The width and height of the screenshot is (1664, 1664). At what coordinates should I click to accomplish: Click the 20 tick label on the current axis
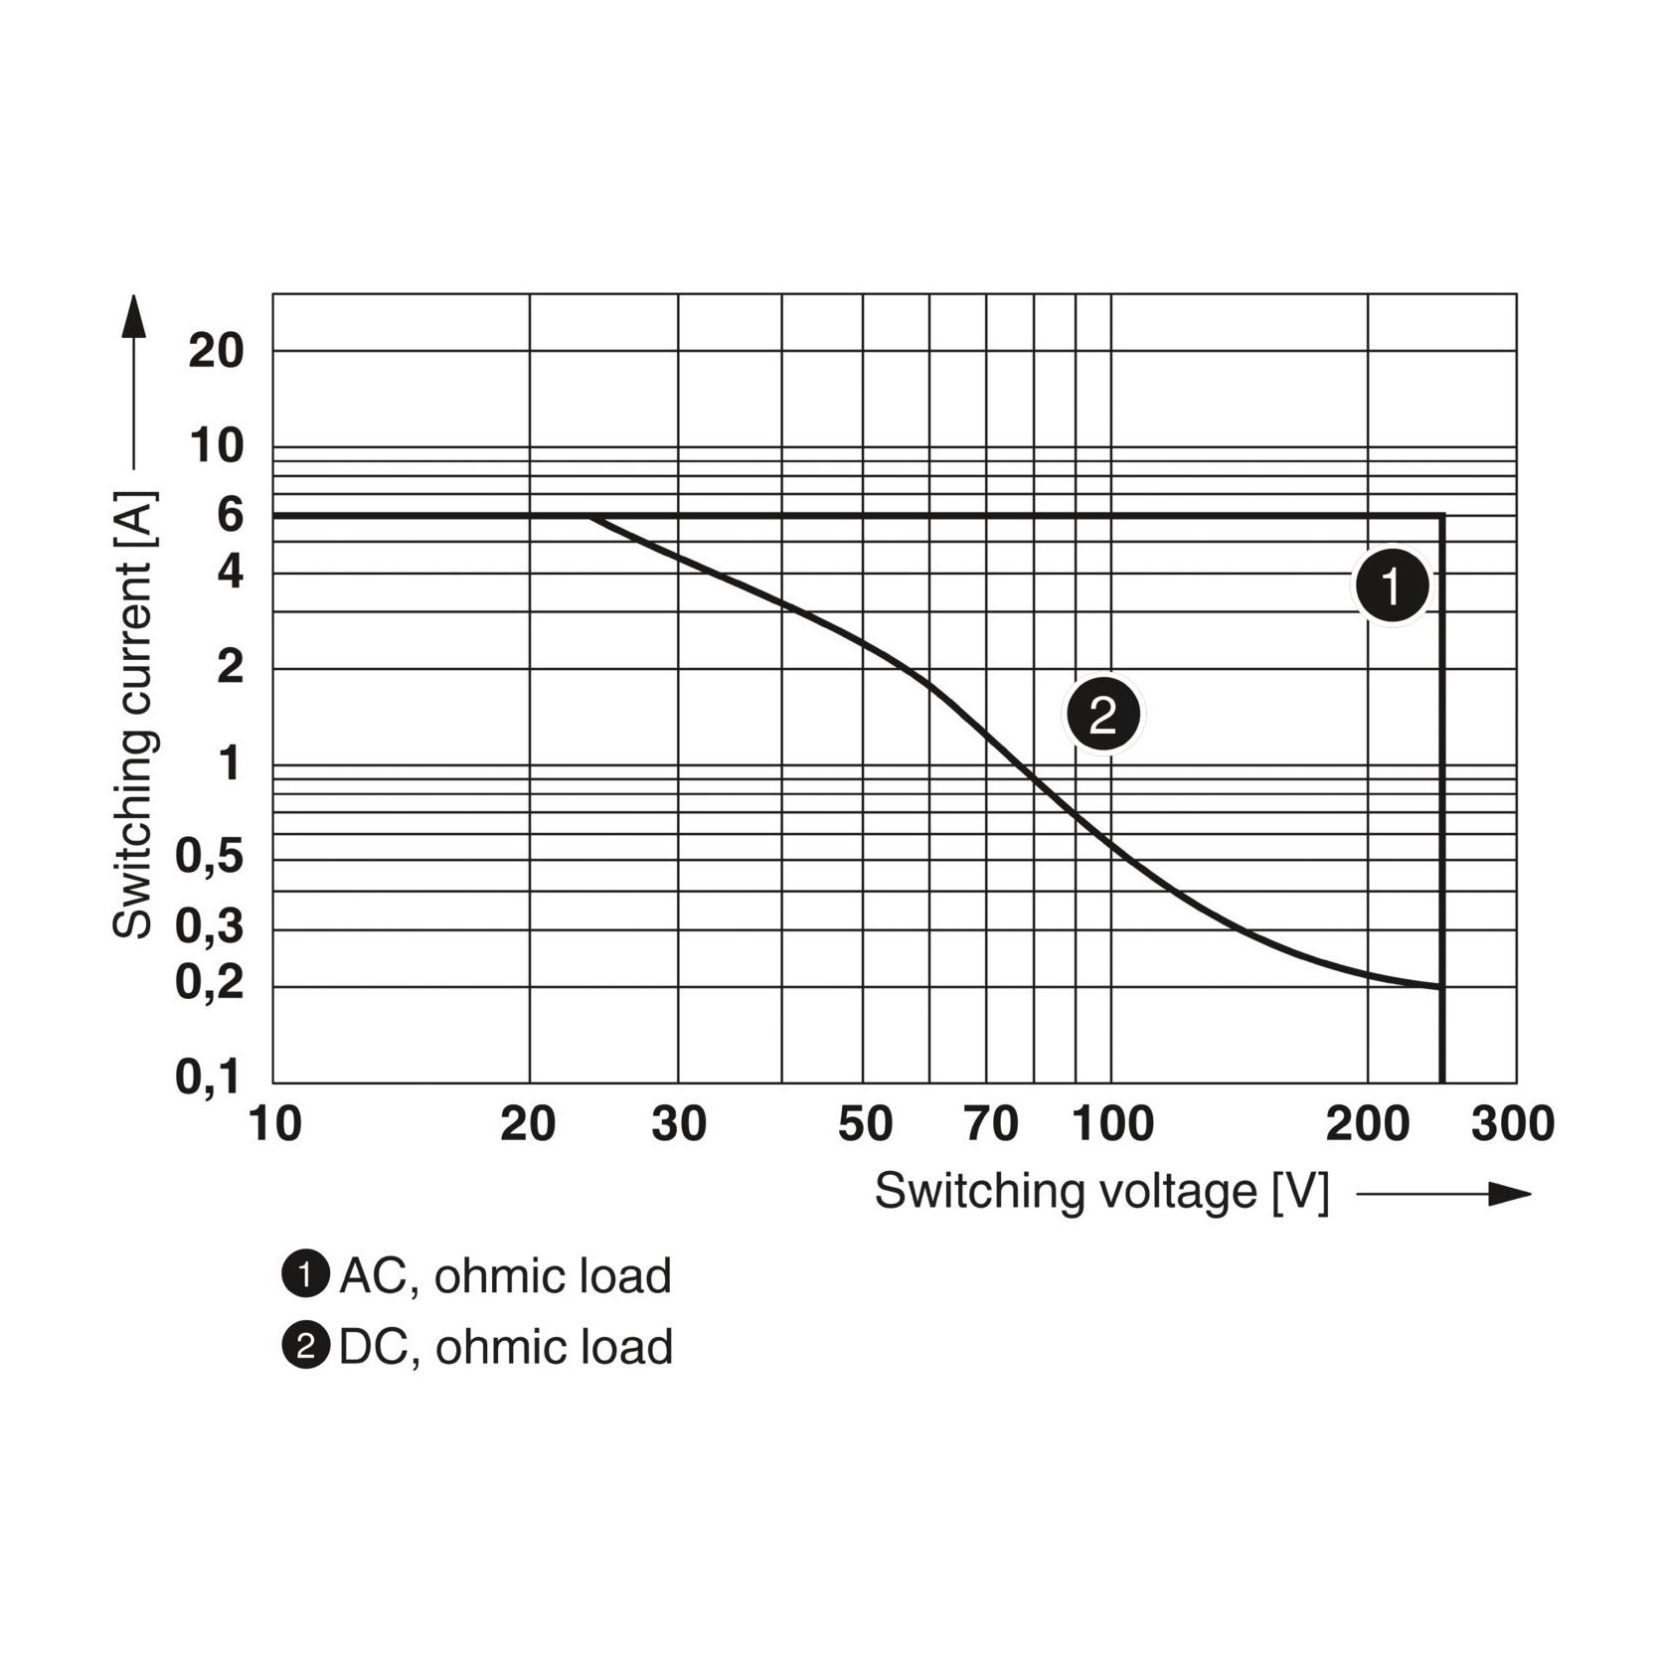pos(216,351)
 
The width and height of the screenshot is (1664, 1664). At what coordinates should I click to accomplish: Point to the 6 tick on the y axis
pos(230,515)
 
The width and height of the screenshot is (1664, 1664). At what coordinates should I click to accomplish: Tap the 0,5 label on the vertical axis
pos(210,856)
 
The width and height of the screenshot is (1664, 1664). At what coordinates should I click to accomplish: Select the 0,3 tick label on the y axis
pos(210,926)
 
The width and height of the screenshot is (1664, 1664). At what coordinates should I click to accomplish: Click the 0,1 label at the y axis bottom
pos(210,1078)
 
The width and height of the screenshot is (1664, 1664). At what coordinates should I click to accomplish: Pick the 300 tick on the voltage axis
pos(1512,1124)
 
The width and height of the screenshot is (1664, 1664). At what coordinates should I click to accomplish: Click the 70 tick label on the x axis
pos(991,1124)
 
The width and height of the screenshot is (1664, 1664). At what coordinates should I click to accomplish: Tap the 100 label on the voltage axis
pos(1112,1124)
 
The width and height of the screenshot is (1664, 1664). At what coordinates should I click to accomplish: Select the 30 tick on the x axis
pos(679,1124)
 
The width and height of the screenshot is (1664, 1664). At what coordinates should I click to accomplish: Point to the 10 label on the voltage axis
pos(274,1124)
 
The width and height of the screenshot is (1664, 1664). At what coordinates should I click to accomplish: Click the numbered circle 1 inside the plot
pos(1392,586)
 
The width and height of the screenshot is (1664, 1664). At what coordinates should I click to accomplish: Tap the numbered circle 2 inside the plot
pos(1103,715)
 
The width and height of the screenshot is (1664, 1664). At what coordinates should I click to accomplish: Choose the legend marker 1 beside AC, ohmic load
pos(305,1275)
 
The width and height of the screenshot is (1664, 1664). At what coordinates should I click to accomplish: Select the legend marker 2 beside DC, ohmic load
pos(305,1347)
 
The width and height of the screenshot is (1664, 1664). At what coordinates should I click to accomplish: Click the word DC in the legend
pos(371,1347)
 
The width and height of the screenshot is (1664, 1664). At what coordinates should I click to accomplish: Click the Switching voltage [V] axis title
pos(1101,1191)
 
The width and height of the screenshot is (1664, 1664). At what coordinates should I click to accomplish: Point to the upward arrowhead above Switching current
pos(133,315)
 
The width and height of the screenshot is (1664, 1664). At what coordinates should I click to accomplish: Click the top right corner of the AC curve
pos(1441,516)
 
